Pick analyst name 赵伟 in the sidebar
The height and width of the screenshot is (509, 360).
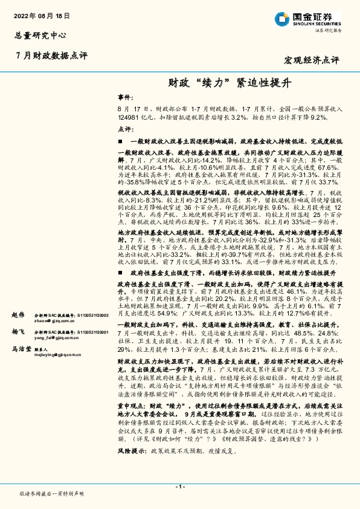click(18, 299)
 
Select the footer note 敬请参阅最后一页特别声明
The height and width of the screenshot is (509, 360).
click(51, 494)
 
